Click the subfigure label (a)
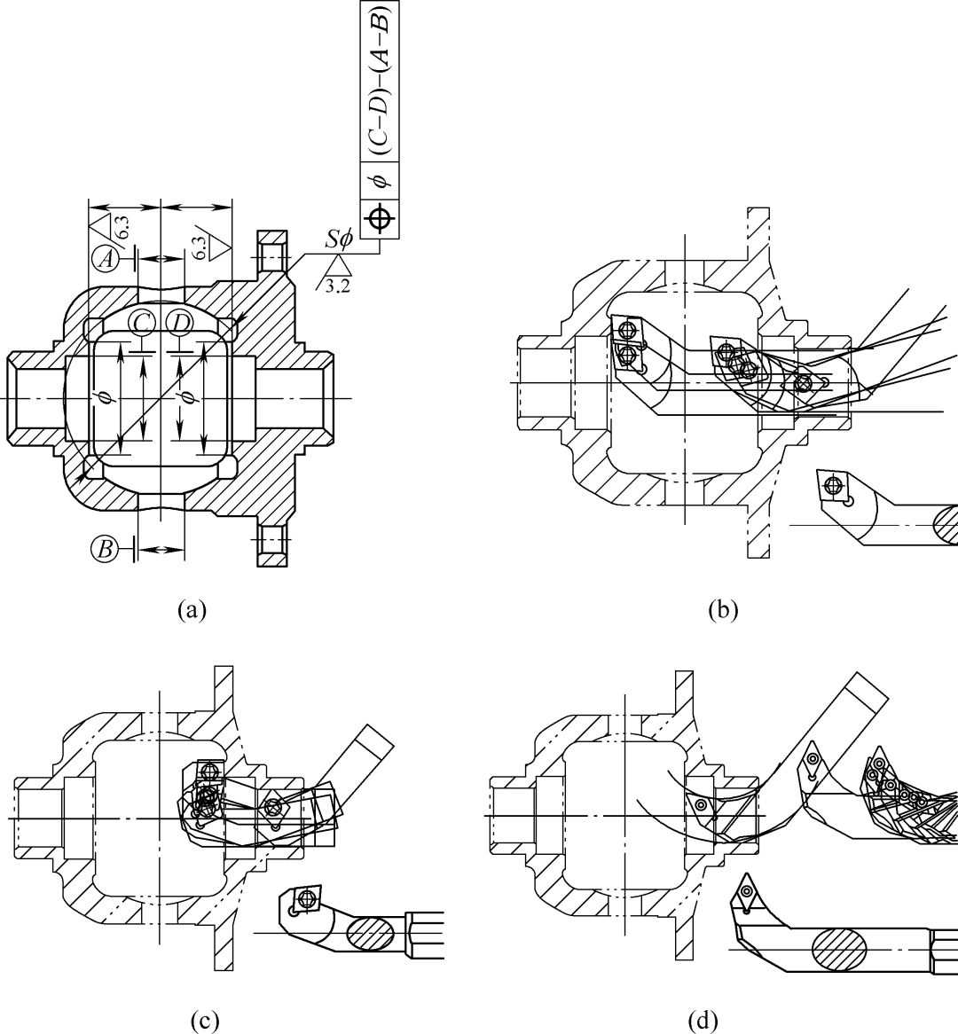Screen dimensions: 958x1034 [192, 610]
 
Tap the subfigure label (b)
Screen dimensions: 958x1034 [722, 610]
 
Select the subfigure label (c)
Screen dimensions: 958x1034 [204, 1022]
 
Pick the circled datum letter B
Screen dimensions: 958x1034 [105, 549]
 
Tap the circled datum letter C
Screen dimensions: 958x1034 [141, 323]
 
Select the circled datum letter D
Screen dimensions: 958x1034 [179, 323]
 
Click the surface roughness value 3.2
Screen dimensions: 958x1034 [338, 286]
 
